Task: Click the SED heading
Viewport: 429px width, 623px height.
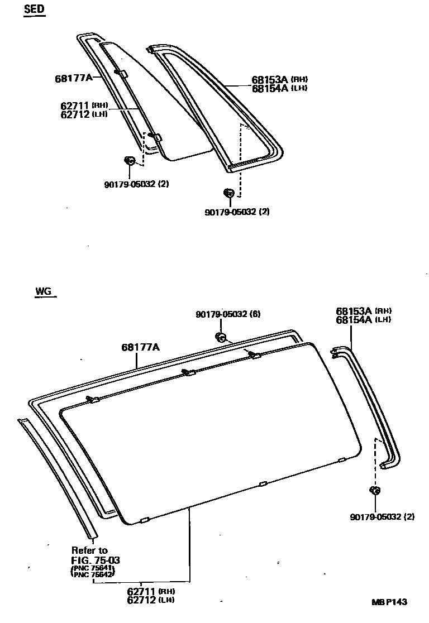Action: [x=35, y=11]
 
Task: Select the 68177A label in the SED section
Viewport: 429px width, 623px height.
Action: [x=73, y=78]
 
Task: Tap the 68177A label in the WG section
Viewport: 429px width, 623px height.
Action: [x=141, y=347]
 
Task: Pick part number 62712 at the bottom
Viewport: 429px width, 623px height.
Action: [x=142, y=600]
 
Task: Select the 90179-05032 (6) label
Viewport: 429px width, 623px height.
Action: [x=228, y=314]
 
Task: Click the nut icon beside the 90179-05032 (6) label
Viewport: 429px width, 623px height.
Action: [x=220, y=337]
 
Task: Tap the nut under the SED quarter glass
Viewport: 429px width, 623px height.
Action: [x=129, y=161]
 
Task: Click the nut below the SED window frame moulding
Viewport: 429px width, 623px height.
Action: [x=228, y=193]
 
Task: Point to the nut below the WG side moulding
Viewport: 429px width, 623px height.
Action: [x=374, y=491]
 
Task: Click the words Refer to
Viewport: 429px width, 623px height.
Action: [x=89, y=550]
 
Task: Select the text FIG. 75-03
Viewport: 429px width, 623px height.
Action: [x=95, y=560]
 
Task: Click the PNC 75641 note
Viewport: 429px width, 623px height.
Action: [x=93, y=568]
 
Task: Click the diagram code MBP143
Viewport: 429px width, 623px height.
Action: [x=390, y=602]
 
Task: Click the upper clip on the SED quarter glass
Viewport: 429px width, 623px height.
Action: [x=121, y=73]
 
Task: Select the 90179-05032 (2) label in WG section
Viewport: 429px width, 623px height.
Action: [x=382, y=517]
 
